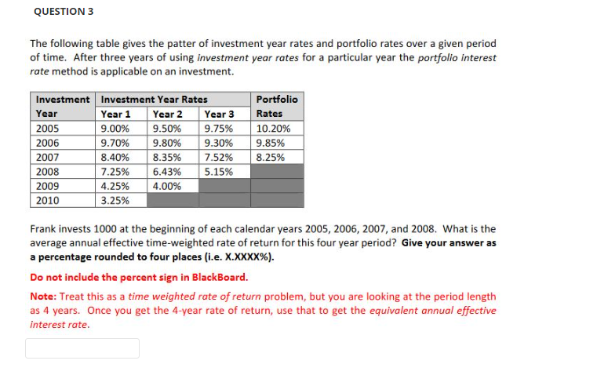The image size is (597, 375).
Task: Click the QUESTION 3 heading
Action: (x=64, y=12)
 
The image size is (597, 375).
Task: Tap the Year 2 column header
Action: (x=168, y=114)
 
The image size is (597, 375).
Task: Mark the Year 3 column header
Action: (x=220, y=114)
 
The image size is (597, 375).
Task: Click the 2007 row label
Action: (x=48, y=157)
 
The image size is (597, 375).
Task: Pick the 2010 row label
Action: (x=48, y=200)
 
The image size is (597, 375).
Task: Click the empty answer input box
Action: (x=82, y=348)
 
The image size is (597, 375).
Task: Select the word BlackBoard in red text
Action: (x=219, y=277)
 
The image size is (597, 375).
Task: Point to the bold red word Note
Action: (x=42, y=297)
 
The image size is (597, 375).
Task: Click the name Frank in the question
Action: (x=42, y=229)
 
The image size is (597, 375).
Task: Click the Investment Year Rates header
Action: (x=155, y=100)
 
